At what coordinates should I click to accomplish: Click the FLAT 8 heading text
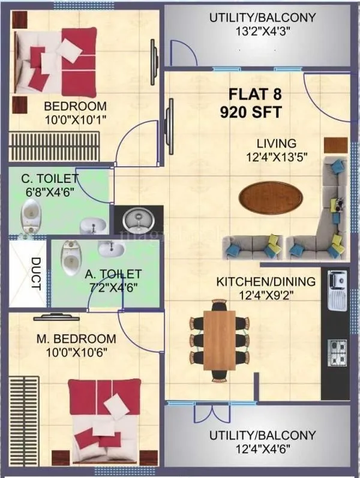(256, 95)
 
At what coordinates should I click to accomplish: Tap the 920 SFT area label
(251, 112)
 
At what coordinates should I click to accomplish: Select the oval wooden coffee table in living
(270, 197)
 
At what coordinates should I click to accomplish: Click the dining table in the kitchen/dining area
(219, 340)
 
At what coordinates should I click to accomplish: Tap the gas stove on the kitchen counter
(337, 351)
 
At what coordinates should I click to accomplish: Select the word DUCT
(35, 273)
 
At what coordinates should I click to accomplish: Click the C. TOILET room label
(50, 178)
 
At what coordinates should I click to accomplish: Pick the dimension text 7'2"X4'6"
(112, 286)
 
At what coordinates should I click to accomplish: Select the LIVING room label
(277, 144)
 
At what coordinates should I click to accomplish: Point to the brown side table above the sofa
(335, 145)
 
